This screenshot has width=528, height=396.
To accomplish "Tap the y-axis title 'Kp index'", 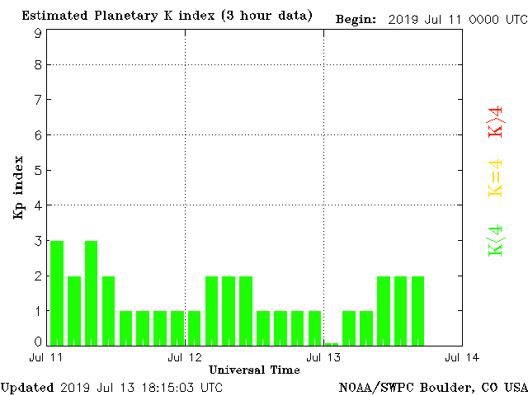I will coord(17,187).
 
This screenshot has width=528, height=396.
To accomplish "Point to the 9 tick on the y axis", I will coord(38,33).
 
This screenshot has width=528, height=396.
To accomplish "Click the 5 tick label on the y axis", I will coord(38,170).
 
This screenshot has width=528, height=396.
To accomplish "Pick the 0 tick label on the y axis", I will coord(38,342).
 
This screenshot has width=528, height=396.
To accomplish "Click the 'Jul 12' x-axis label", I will coord(185,358).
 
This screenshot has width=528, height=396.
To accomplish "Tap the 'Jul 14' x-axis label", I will coord(461,358).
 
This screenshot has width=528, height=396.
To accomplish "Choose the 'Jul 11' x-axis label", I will coord(47,358).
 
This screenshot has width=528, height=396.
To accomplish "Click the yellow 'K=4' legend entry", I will coord(495,178).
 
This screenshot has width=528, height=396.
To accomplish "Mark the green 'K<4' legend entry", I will coord(495,240).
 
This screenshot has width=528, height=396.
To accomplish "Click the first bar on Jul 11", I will coord(57,293).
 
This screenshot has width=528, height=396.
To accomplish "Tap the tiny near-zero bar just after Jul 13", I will coord(332,343).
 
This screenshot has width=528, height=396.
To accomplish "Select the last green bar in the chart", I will coord(417,310).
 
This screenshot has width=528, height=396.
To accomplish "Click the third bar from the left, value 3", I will coord(92,293).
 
